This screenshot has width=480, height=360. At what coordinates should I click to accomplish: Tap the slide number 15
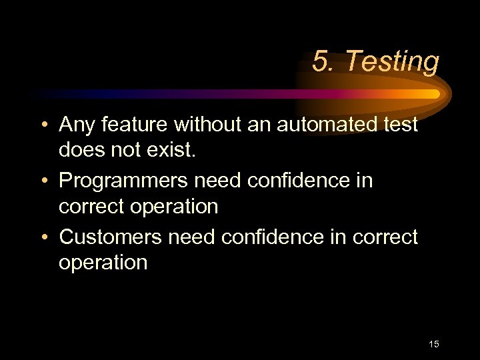pos(434,344)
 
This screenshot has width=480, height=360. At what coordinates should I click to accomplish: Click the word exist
pos(174,150)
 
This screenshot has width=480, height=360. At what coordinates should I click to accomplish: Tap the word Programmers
pos(126,181)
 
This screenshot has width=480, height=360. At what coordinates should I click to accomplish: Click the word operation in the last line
pos(103,263)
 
